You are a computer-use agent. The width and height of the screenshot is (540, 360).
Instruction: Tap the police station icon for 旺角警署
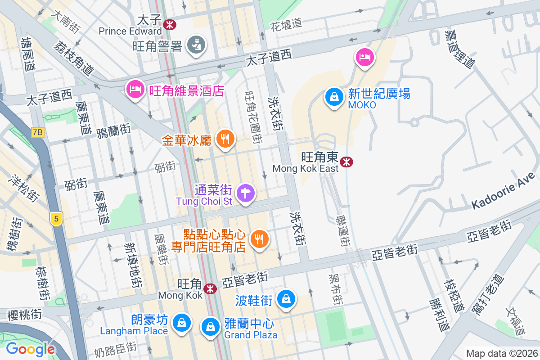point(196,45)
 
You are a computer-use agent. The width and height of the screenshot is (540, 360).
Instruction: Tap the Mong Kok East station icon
point(346,162)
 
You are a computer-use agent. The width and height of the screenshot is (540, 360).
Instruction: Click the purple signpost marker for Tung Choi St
point(246,193)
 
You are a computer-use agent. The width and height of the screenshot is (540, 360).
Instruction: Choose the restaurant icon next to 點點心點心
point(259,239)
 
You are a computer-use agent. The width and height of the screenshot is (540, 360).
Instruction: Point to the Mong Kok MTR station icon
point(209,288)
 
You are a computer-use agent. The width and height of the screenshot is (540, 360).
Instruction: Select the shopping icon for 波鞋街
point(285,299)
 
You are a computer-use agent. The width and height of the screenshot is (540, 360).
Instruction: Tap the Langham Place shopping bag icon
point(181,323)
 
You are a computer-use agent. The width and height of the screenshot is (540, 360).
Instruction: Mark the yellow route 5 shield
point(56,219)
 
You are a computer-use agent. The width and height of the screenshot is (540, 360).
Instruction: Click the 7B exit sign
point(38,132)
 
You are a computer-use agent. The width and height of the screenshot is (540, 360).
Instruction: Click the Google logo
point(30,349)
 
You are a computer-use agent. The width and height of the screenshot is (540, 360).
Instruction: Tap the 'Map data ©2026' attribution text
point(501,353)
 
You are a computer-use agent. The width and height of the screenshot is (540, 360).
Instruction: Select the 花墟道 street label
point(286,24)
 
